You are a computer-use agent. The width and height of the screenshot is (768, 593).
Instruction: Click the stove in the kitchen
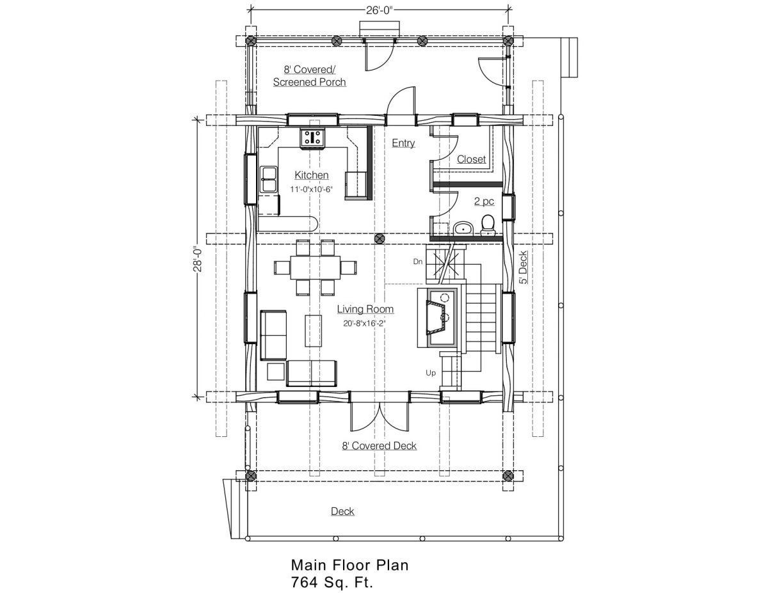pyautogui.click(x=312, y=138)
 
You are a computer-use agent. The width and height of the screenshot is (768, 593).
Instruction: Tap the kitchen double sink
pyautogui.click(x=268, y=179)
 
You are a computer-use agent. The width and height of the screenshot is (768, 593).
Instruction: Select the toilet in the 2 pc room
pyautogui.click(x=488, y=225)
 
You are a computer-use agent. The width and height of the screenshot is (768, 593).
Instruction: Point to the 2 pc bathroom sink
pyautogui.click(x=463, y=228)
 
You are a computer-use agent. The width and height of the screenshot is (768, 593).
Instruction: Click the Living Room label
pyautogui.click(x=365, y=309)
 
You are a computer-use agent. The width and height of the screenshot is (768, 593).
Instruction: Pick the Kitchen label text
pyautogui.click(x=312, y=175)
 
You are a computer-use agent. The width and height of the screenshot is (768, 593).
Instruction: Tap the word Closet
pyautogui.click(x=471, y=159)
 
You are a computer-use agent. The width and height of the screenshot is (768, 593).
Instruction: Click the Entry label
pyautogui.click(x=403, y=143)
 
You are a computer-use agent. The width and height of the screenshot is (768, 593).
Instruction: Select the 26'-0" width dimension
pyautogui.click(x=380, y=10)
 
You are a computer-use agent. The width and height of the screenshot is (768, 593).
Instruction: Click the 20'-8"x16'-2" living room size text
pyautogui.click(x=364, y=323)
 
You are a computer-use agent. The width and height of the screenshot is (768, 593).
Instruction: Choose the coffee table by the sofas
pyautogui.click(x=313, y=331)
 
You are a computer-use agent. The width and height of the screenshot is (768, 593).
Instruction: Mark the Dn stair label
pyautogui.click(x=418, y=262)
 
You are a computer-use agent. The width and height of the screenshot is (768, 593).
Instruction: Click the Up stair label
pyautogui.click(x=431, y=372)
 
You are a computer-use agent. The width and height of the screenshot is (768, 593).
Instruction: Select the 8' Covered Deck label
pyautogui.click(x=380, y=446)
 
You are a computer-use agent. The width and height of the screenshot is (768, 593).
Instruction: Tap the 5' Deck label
pyautogui.click(x=523, y=267)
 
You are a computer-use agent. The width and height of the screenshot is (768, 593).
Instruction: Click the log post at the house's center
pyautogui.click(x=380, y=239)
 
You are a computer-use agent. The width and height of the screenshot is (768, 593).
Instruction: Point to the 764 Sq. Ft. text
pyautogui.click(x=332, y=582)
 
